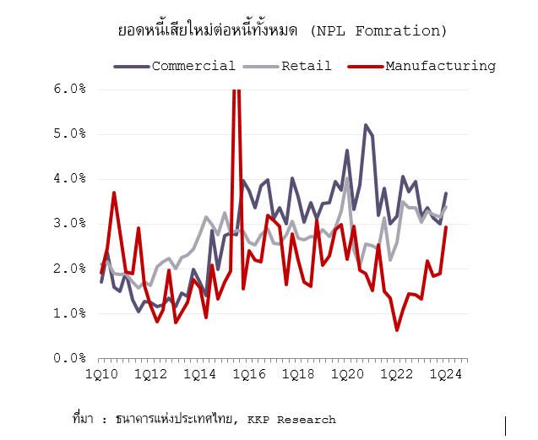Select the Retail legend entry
(x=307, y=66)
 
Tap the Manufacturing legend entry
(x=440, y=66)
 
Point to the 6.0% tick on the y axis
(x=71, y=89)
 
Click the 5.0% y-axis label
(x=71, y=133)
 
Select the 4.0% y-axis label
(x=71, y=178)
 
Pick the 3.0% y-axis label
(x=71, y=223)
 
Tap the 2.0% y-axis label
(x=71, y=269)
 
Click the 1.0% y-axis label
(x=71, y=313)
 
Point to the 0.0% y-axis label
(x=71, y=358)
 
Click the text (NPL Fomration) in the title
(x=378, y=31)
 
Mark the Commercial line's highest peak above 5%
(x=366, y=125)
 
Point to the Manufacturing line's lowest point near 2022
(x=397, y=329)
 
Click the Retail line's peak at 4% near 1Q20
(x=347, y=178)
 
